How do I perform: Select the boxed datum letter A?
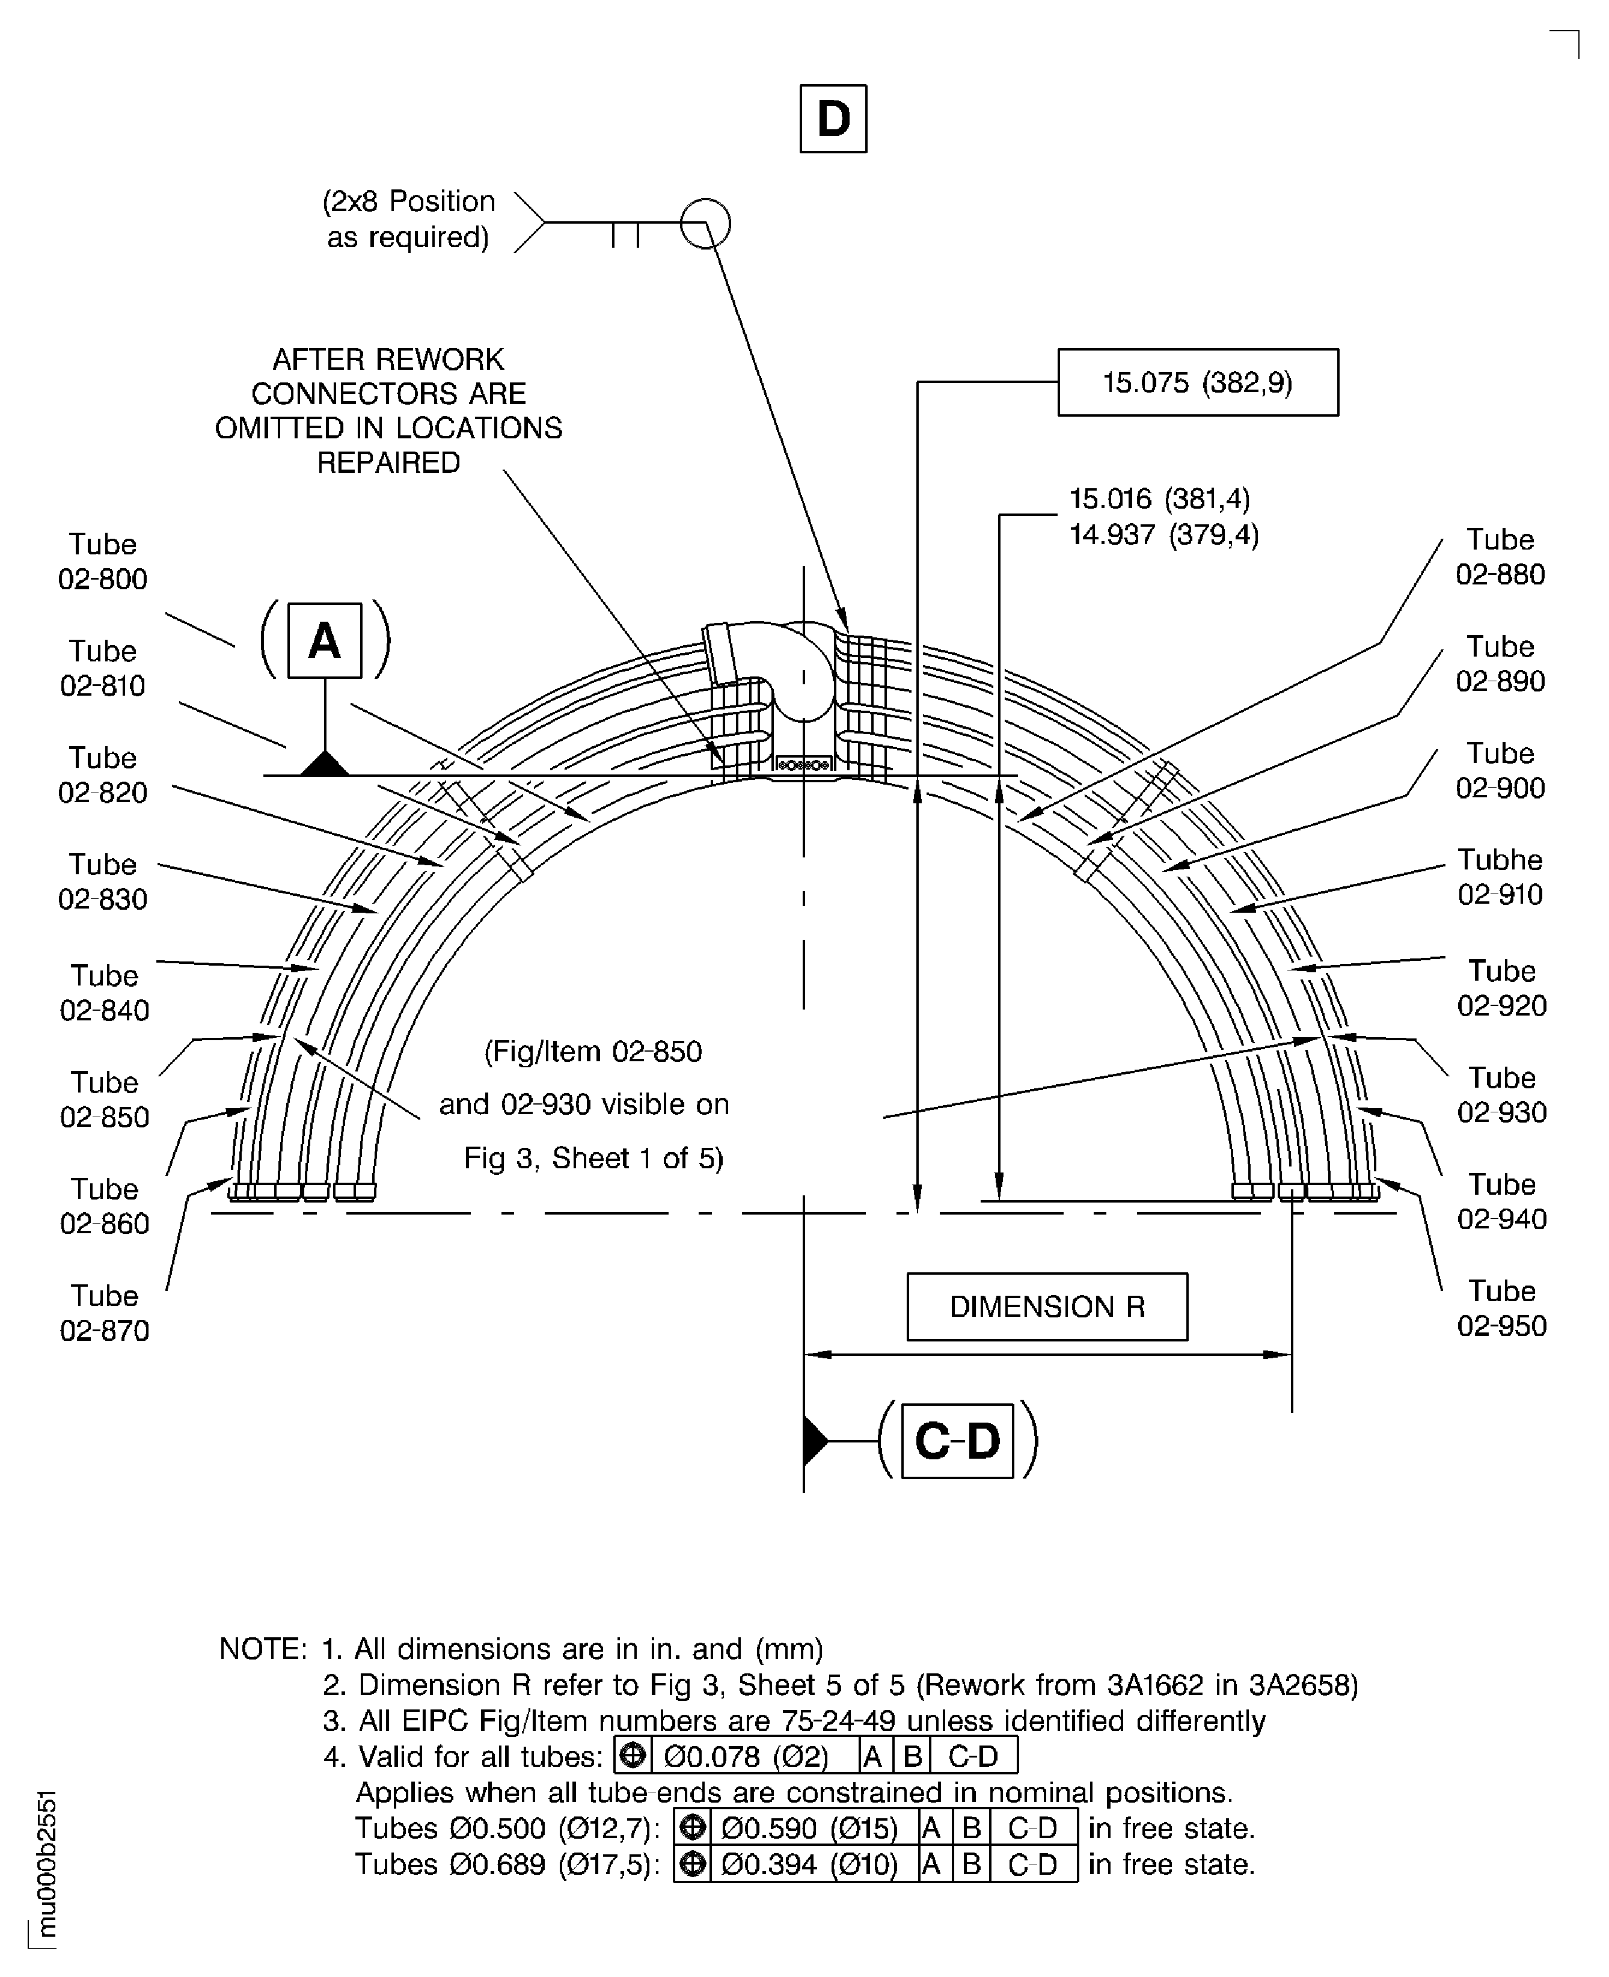pos(325,640)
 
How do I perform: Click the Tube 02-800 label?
pos(102,562)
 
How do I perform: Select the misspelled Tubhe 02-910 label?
pos(1500,877)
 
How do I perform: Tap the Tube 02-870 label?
pos(104,1313)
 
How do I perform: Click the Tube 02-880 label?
pos(1500,557)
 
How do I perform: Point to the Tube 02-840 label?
pos(104,993)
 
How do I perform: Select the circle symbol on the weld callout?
pos(705,223)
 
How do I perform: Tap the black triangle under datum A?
pos(325,765)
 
